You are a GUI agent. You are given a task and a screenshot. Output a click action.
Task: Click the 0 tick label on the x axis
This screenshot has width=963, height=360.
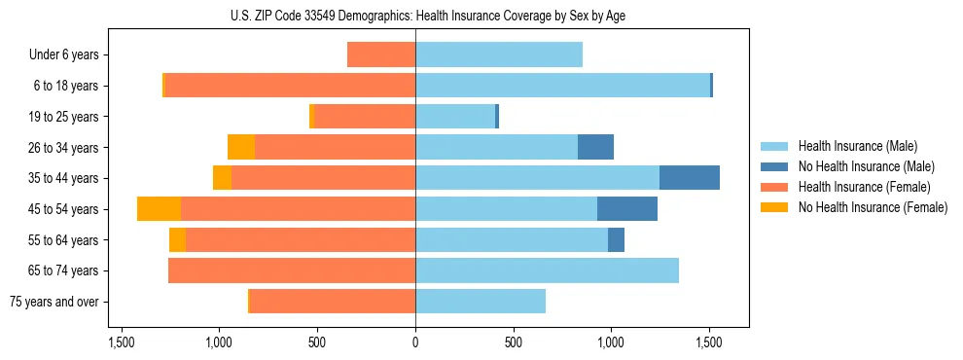pos(415,342)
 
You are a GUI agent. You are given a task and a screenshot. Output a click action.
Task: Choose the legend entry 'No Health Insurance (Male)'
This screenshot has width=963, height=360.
pos(866,166)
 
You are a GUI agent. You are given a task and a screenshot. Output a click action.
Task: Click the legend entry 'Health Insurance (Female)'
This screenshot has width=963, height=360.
pos(864,187)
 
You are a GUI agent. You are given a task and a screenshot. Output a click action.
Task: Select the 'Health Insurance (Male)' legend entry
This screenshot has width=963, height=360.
pos(858,146)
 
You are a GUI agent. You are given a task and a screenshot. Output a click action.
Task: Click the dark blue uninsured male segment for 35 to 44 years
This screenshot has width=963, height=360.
pos(690,178)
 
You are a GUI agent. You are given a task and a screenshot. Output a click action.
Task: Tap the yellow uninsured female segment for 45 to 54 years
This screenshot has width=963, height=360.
pos(159,209)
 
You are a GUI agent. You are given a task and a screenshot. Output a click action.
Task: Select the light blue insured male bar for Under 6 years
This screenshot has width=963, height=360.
pos(499,54)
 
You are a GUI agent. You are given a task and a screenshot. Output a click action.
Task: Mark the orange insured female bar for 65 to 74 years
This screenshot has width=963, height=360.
pos(292,270)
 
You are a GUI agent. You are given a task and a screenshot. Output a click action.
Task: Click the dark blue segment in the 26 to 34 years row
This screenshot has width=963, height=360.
pos(595,147)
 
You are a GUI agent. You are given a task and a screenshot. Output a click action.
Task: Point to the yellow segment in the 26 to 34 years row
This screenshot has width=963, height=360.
pos(241,147)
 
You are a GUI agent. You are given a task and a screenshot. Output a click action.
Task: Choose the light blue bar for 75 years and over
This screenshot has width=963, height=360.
pos(481,302)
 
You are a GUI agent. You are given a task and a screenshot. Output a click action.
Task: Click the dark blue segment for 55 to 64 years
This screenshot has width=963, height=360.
pos(616,239)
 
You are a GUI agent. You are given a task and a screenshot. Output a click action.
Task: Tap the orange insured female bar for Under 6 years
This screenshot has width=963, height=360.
pos(381,54)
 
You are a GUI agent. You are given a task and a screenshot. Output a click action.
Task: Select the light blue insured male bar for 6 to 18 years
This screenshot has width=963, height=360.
pos(562,86)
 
